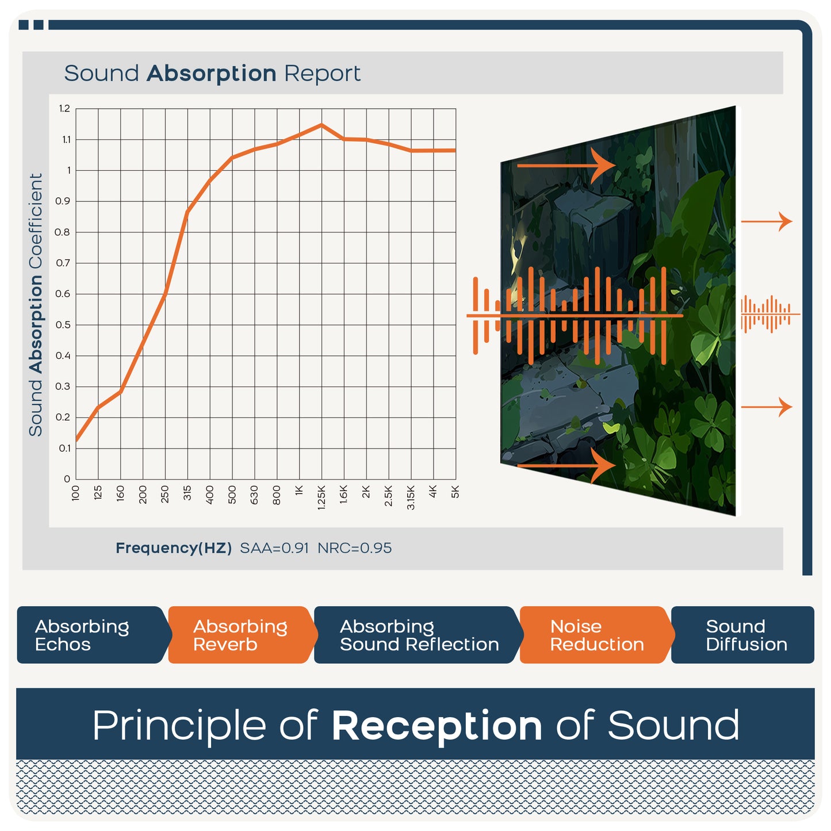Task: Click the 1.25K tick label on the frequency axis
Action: (321, 497)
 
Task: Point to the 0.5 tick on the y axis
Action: (63, 325)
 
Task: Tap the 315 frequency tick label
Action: (187, 493)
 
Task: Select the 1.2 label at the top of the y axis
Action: (64, 109)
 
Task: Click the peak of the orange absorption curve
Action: (321, 125)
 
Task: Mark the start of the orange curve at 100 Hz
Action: (76, 441)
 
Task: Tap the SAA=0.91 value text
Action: (274, 548)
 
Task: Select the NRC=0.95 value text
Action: (354, 548)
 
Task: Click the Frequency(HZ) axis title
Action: (174, 548)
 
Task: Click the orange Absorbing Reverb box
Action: (242, 635)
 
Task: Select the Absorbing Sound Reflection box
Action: (418, 635)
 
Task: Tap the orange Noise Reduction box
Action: (597, 635)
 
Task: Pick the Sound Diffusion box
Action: (742, 635)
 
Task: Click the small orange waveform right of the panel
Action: (770, 315)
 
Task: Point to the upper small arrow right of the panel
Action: (767, 221)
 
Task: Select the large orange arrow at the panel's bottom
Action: (566, 466)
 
